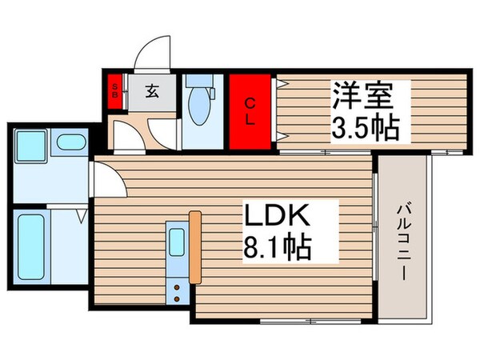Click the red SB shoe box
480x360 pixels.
114,90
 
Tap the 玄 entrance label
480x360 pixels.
151,90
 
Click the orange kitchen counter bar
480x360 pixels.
195,247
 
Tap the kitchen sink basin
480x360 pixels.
178,241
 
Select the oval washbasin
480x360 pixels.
72,144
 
